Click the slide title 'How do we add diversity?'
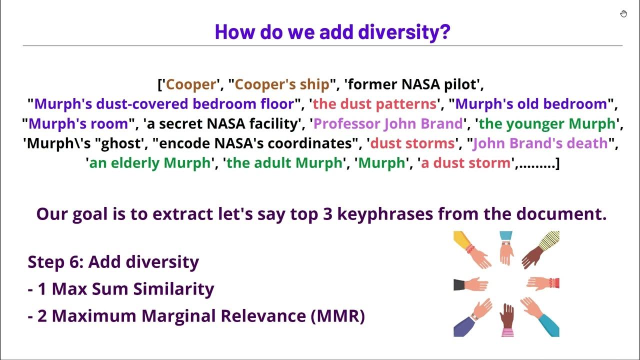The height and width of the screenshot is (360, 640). (x=332, y=31)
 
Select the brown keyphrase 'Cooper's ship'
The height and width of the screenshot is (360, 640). (x=282, y=84)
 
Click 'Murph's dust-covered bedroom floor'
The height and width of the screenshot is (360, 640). (x=164, y=104)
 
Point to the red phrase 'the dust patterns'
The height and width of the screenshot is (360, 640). (x=374, y=104)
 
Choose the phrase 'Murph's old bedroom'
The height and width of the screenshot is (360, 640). (x=531, y=104)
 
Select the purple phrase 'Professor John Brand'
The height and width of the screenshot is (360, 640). (x=388, y=123)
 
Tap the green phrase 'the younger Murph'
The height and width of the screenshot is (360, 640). (x=547, y=123)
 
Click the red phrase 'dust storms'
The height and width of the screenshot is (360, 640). (x=413, y=143)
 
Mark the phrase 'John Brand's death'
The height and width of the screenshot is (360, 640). (x=540, y=143)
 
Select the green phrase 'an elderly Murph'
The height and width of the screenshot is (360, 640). (x=149, y=163)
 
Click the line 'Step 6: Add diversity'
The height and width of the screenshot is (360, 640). (x=113, y=261)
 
